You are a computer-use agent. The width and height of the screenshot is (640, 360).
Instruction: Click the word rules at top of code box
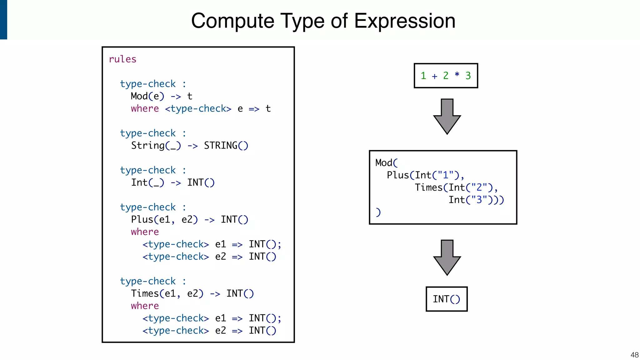tap(122, 59)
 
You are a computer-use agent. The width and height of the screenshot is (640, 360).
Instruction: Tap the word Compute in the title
tap(232, 21)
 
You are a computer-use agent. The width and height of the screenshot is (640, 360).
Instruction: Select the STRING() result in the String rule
tap(226, 146)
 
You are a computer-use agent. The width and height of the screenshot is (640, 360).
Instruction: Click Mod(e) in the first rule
tap(147, 96)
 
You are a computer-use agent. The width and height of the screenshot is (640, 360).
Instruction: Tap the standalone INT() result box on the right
tap(447, 299)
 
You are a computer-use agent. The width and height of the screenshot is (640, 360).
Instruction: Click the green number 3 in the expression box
tap(468, 76)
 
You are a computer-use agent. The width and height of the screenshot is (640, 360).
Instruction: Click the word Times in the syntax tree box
tap(428, 187)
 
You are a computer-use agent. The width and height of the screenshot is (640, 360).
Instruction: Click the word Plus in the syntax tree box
tap(398, 175)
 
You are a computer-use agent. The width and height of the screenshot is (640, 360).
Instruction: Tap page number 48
tap(634, 355)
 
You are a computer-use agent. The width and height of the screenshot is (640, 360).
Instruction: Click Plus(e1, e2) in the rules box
tap(164, 219)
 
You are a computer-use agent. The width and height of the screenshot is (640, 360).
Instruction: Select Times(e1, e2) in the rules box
tap(167, 293)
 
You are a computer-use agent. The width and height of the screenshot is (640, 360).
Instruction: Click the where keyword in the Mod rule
tap(145, 108)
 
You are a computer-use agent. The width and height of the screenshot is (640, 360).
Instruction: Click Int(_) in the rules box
tap(147, 182)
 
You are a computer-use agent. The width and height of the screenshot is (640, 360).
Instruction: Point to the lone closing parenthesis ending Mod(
tap(378, 212)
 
